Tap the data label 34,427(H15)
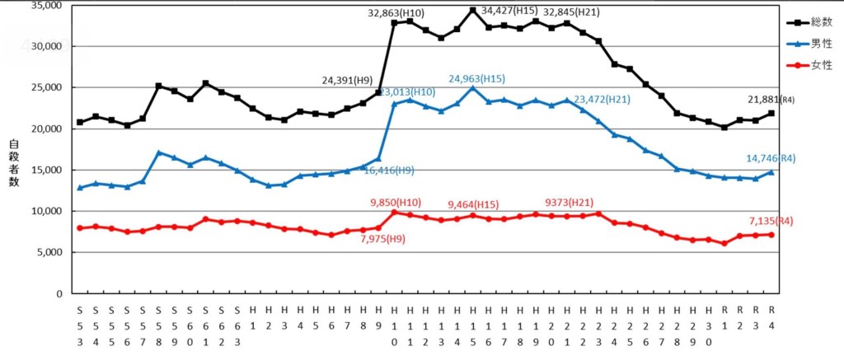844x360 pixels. (509, 11)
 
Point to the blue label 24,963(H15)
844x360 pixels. (476, 79)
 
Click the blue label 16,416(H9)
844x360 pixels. (388, 171)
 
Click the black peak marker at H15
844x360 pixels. (473, 10)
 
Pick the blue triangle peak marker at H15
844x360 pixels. (473, 87)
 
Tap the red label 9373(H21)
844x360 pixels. (569, 202)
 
